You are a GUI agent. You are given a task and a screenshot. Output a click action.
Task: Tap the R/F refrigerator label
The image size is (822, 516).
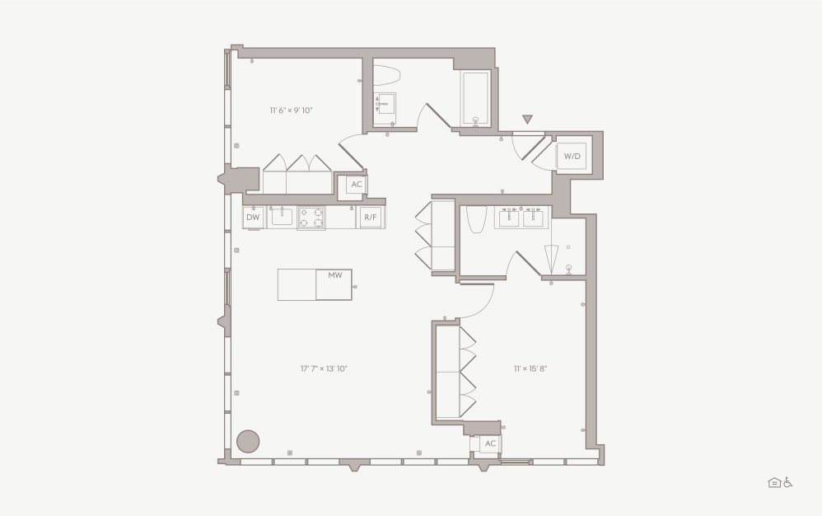[370, 218]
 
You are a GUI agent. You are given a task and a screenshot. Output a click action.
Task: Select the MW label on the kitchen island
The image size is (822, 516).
[334, 274]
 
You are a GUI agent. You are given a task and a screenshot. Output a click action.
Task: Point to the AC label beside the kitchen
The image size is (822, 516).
[357, 185]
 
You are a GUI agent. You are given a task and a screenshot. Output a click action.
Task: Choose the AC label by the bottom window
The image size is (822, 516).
[490, 443]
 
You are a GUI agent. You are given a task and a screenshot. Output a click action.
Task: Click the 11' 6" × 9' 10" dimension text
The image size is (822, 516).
[291, 110]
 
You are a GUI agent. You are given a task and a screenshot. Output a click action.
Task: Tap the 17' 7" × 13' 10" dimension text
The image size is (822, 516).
[324, 369]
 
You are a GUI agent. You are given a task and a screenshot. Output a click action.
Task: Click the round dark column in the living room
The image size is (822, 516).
[248, 441]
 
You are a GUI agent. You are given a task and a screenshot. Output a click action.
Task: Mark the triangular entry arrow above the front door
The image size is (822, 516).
[527, 120]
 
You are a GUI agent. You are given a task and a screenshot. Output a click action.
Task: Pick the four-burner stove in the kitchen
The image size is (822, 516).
[311, 218]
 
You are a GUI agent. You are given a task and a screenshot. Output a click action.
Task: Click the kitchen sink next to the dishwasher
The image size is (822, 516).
[282, 217]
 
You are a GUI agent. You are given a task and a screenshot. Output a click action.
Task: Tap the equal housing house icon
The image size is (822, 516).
[774, 482]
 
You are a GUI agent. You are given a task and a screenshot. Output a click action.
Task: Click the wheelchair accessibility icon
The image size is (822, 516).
[787, 482]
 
